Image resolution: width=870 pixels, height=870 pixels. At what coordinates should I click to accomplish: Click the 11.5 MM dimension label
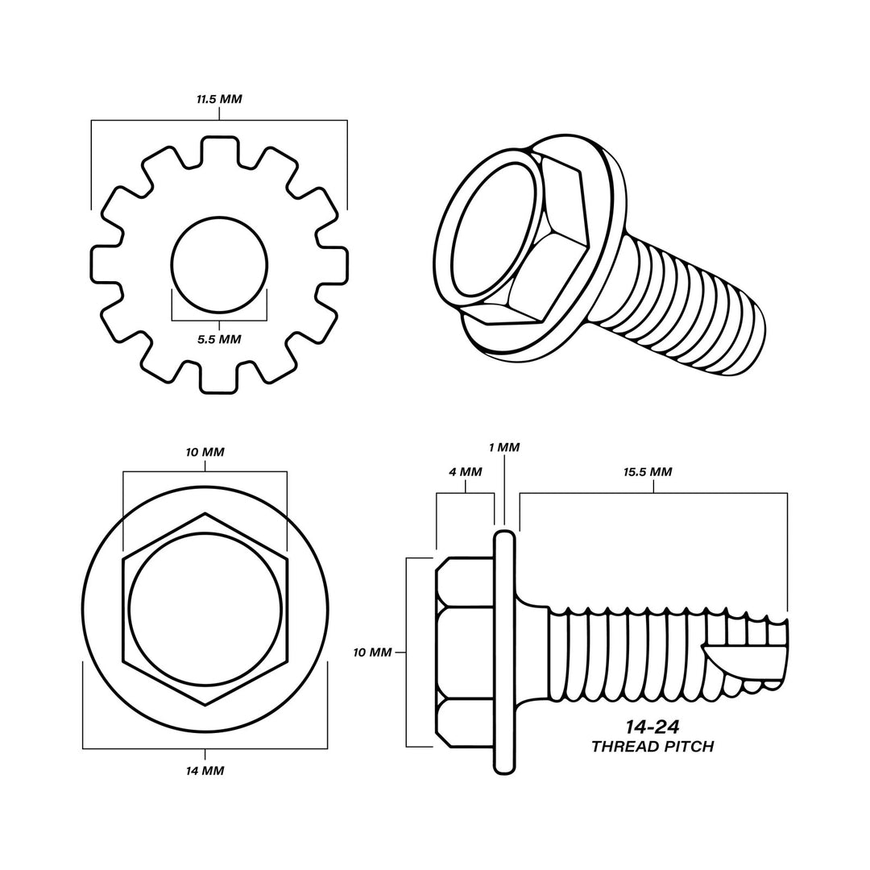pos(219,99)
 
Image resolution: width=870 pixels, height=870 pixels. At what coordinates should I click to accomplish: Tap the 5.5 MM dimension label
pos(219,339)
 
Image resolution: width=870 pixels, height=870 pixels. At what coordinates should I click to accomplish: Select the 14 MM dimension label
pos(205,771)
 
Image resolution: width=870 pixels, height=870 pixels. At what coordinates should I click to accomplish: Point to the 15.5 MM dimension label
pos(648,471)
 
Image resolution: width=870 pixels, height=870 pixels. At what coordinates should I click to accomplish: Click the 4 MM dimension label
pos(465,471)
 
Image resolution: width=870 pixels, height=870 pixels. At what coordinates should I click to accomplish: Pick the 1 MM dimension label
pos(504,447)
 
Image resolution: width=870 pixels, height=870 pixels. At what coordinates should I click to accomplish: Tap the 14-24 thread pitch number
pos(652,727)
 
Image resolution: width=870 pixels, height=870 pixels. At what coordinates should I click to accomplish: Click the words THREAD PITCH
pos(652,746)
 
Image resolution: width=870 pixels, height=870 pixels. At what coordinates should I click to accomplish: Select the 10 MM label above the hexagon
pos(205,452)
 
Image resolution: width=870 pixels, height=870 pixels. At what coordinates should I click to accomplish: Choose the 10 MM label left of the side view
pos(372,652)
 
